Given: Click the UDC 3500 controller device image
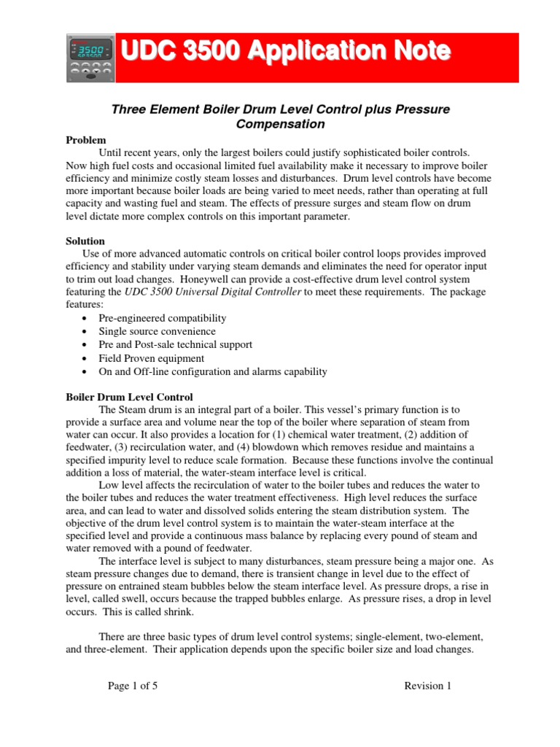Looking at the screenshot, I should pos(90,58).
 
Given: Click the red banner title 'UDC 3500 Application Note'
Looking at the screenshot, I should pos(284,52).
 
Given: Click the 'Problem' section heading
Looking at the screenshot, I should pos(86,140).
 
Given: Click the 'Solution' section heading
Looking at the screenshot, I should pos(85,241).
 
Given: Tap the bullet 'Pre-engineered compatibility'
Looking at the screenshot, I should pos(163,318).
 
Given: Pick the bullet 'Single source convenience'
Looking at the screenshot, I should pos(157,331).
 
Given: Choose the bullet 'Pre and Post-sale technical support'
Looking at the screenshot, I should pos(176,344).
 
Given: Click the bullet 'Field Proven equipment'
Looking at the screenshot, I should pos(151,358).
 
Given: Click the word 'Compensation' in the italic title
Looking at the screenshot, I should pos(281,124).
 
